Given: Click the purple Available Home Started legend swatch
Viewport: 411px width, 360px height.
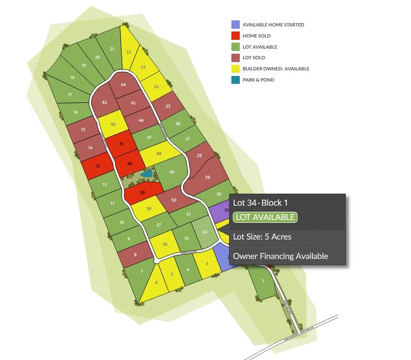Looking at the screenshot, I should [x=236, y=25].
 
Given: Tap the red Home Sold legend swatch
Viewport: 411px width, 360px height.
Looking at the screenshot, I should [x=236, y=36].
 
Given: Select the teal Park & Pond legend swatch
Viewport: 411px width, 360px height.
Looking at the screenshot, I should [x=236, y=80].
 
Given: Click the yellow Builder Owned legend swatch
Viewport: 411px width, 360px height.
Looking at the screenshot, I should [x=236, y=69].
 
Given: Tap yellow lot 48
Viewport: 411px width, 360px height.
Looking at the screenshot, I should [x=159, y=153].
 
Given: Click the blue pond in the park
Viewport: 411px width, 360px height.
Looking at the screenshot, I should [x=147, y=174].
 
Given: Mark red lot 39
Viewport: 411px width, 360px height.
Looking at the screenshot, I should [x=143, y=193].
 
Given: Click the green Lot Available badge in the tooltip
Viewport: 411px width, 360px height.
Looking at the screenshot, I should [x=265, y=217].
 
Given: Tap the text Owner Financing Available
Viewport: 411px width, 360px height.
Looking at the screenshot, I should [x=280, y=256].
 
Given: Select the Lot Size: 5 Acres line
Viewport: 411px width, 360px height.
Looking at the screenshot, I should [x=262, y=237].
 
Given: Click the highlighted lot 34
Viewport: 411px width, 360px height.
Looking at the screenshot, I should [x=205, y=231].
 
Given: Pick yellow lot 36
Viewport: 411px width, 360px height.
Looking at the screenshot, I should [x=165, y=244].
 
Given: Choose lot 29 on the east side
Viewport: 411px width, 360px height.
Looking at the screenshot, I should [x=207, y=177].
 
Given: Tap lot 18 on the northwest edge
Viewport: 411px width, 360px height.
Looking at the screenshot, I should [x=72, y=77].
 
